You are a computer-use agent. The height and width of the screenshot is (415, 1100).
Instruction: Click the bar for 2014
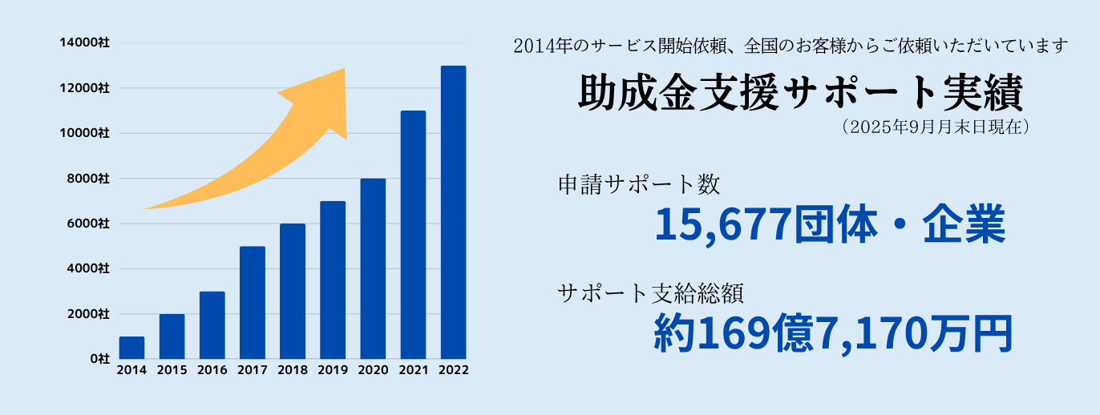coord(131,348)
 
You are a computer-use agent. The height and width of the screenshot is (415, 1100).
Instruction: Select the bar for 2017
coord(252,303)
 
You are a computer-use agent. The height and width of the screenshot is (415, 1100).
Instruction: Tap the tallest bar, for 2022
coord(453,212)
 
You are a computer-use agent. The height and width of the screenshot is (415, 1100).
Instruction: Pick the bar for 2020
coord(373,268)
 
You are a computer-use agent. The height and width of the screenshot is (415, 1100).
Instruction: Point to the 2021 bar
coord(413,235)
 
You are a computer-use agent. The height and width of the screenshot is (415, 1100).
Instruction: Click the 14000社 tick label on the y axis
coord(84,42)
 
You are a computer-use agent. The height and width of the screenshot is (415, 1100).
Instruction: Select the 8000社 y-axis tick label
coord(87,178)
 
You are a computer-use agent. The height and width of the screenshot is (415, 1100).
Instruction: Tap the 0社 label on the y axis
coord(99,359)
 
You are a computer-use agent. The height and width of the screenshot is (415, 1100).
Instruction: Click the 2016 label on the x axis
coord(212,370)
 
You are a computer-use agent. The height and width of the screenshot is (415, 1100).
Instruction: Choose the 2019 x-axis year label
coord(332,370)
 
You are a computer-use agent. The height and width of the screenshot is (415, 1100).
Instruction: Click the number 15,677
coord(723,226)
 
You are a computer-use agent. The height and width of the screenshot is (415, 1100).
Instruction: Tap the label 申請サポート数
coord(639,185)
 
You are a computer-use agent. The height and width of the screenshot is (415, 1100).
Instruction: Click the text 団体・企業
coord(900,226)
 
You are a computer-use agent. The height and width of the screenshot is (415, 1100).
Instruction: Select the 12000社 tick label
coord(84,87)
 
